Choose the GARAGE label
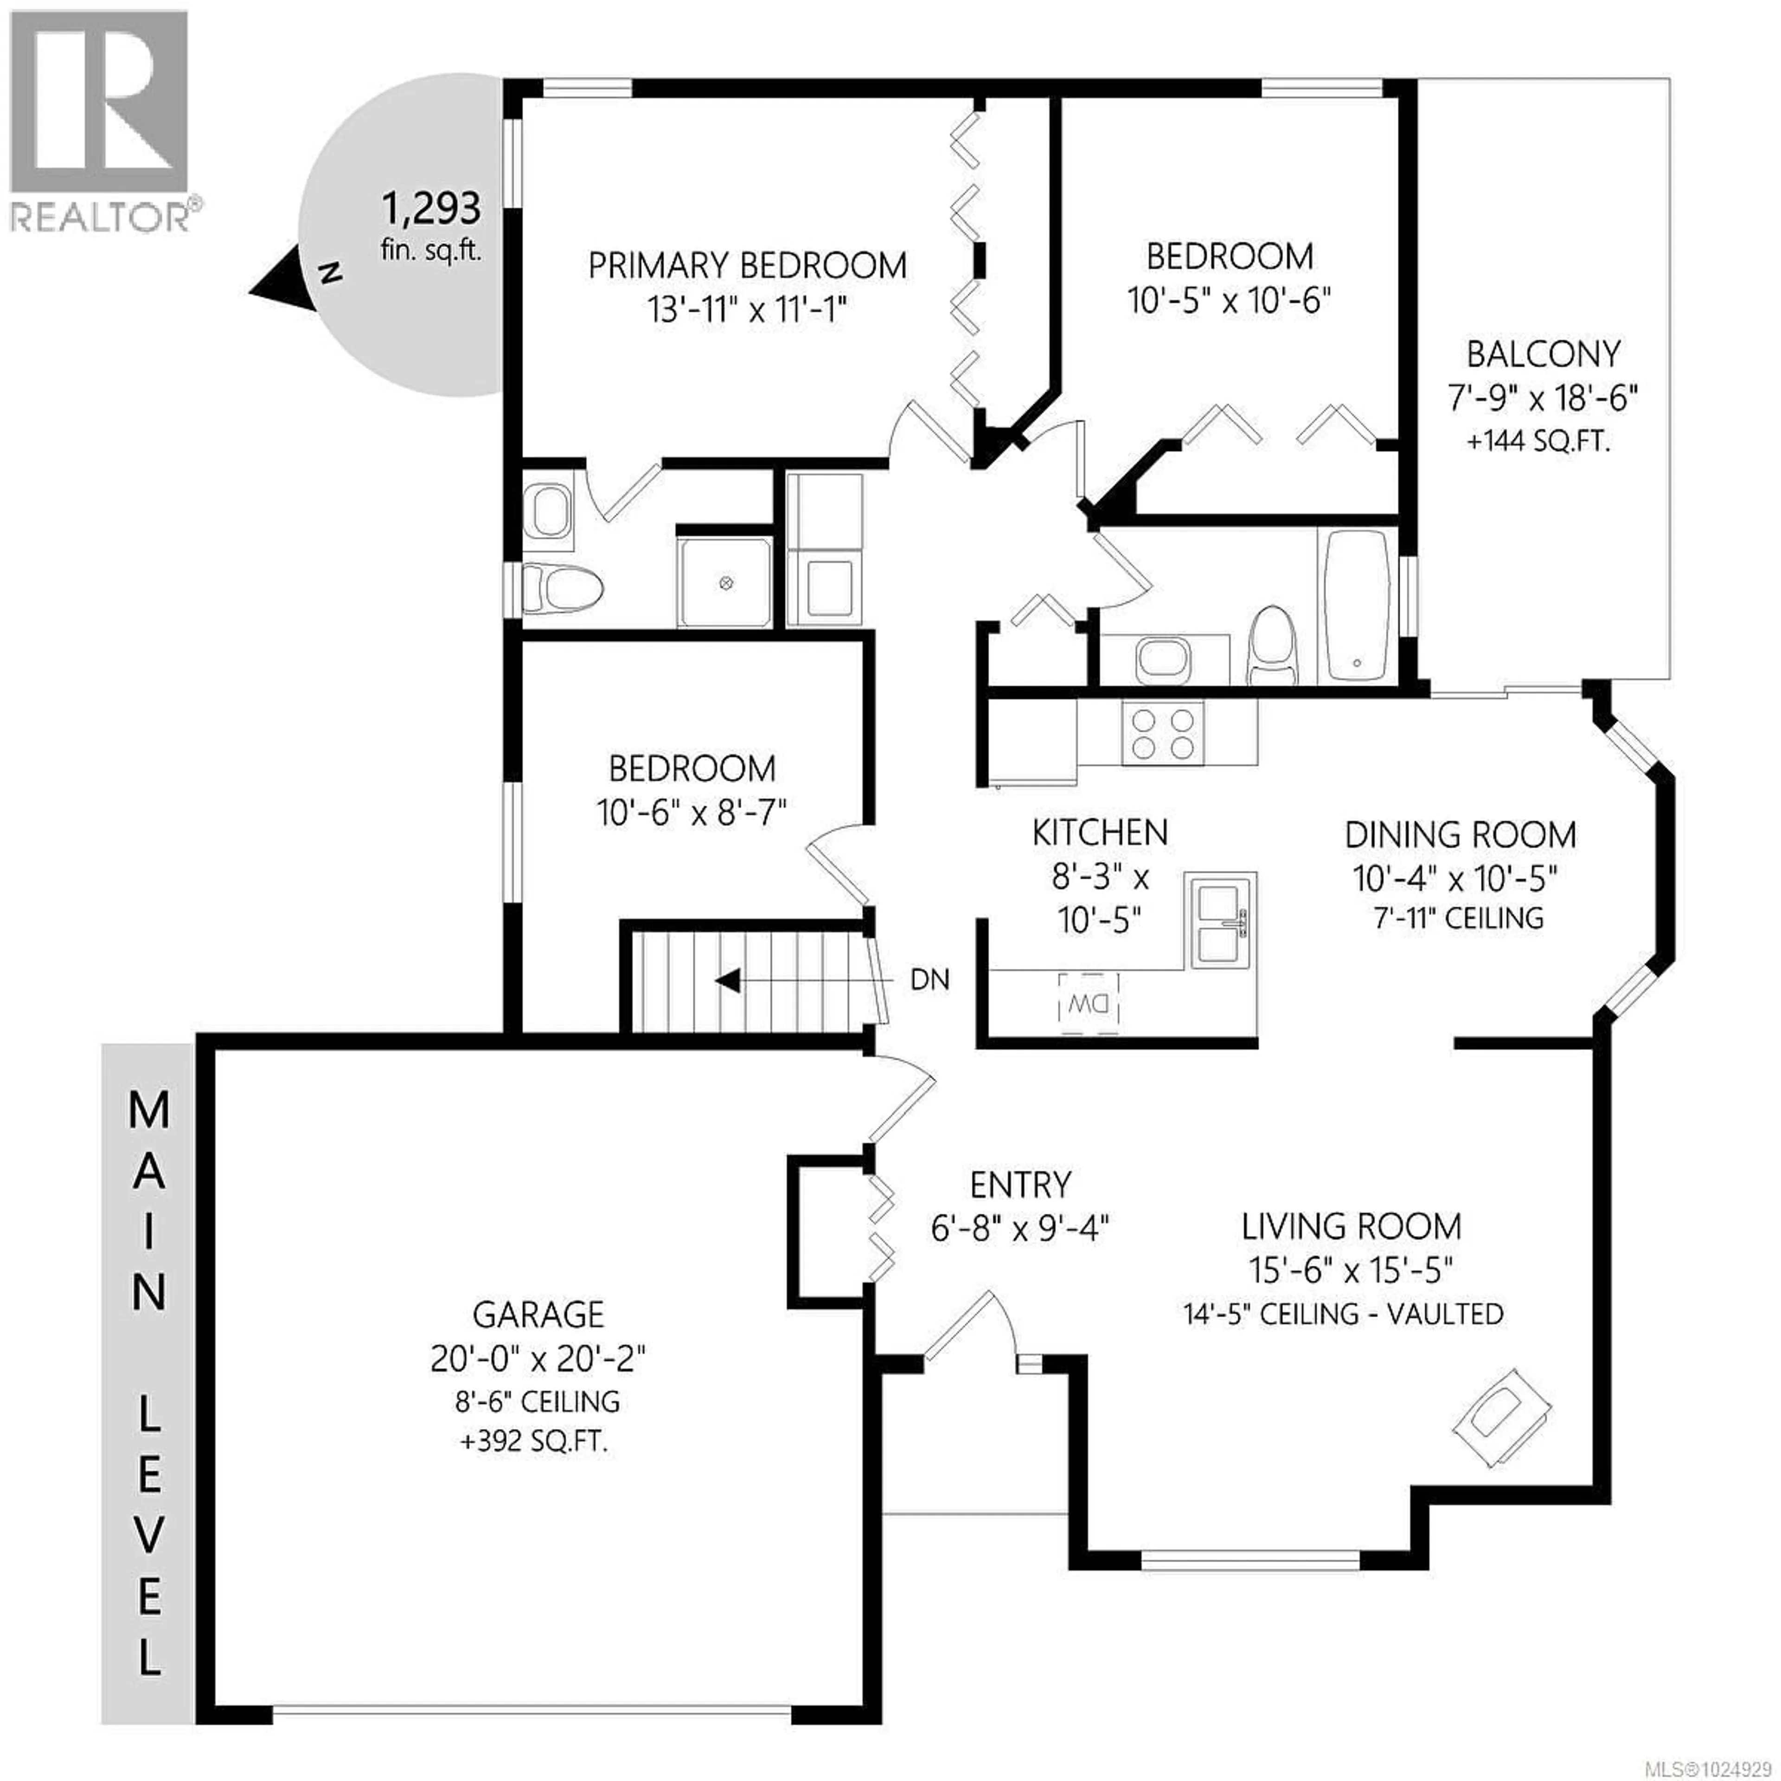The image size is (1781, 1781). coord(538,1313)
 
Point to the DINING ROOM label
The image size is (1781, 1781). coord(1460,835)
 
